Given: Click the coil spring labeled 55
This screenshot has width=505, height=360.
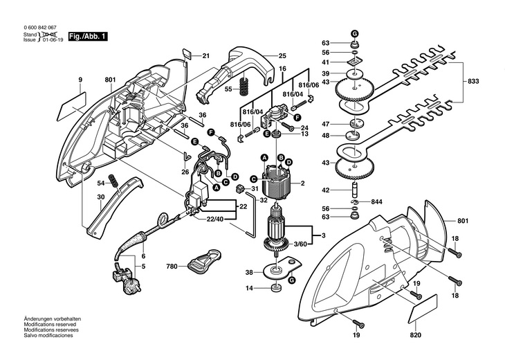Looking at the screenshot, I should click(244, 88).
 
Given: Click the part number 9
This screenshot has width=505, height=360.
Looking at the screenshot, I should click(81, 81).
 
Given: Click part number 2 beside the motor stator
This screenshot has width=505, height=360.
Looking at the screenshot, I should click(302, 183).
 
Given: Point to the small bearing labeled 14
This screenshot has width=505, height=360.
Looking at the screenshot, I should click(276, 287).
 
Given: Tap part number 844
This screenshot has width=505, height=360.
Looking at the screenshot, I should click(376, 201).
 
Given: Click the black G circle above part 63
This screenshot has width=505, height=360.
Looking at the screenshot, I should click(353, 33).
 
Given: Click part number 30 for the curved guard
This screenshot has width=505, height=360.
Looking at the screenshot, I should click(100, 197).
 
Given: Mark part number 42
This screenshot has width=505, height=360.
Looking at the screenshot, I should click(325, 190).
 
